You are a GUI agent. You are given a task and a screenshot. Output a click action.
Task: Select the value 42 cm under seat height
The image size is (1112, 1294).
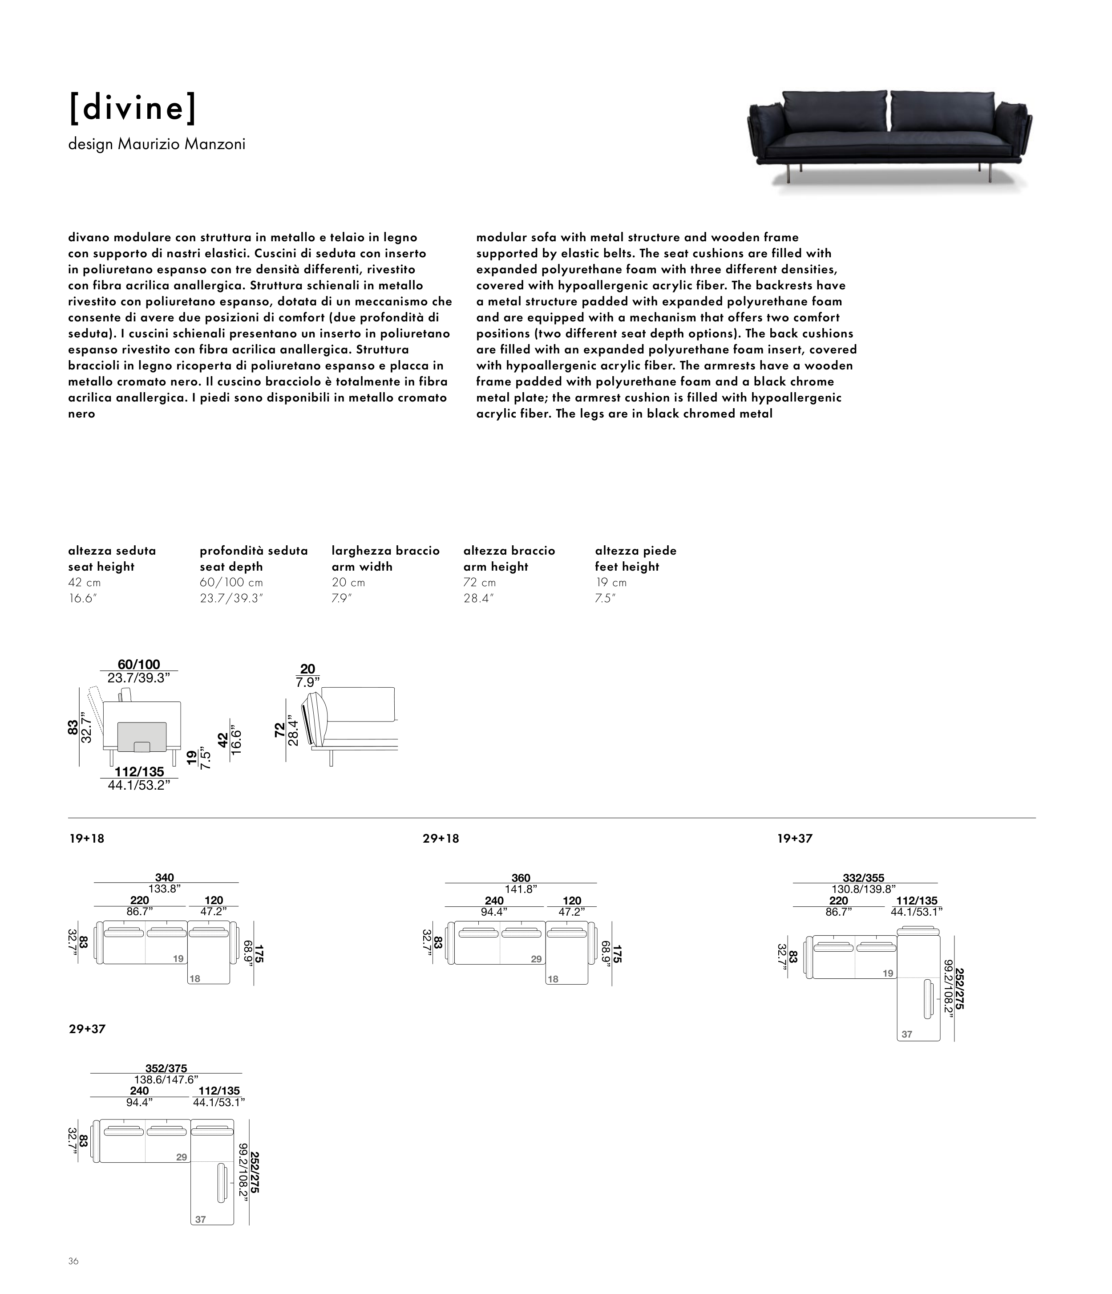(x=84, y=583)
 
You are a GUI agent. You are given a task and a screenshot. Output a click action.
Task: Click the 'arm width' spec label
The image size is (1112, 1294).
(x=362, y=567)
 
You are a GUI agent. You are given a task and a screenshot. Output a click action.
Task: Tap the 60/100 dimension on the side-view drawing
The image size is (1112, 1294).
(x=138, y=665)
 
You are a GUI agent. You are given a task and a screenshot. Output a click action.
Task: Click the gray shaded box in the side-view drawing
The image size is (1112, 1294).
(x=142, y=736)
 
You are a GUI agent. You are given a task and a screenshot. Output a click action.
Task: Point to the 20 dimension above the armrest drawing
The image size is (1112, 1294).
(x=308, y=669)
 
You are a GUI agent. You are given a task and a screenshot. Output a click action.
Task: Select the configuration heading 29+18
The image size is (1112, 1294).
(x=441, y=839)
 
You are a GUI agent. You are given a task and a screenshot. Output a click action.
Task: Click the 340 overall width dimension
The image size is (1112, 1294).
(x=164, y=877)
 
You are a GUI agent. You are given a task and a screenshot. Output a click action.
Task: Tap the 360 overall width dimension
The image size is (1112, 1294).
(x=521, y=878)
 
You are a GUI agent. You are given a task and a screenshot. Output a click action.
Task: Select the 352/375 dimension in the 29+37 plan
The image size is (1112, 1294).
(x=166, y=1069)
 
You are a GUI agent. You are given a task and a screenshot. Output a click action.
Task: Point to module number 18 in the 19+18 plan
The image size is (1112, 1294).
(x=195, y=978)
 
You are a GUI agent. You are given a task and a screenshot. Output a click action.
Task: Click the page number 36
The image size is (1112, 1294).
(x=74, y=1261)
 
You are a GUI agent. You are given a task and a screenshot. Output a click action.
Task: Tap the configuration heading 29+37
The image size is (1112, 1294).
(x=87, y=1029)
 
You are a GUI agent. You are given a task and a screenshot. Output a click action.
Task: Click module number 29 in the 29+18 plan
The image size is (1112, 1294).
(x=536, y=959)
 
